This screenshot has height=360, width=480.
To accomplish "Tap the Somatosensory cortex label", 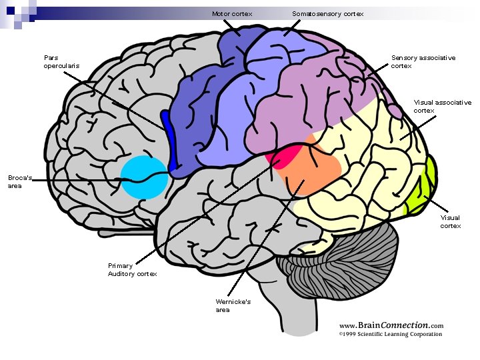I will pyautogui.click(x=327, y=14).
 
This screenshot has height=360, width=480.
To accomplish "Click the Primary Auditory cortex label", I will pyautogui.click(x=132, y=270).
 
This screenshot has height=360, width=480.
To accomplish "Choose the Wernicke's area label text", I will pyautogui.click(x=233, y=306).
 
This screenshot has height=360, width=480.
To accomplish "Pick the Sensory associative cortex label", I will pyautogui.click(x=423, y=62).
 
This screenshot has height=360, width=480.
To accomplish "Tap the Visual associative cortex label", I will pyautogui.click(x=442, y=107).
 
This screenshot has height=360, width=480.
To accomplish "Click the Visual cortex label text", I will pyautogui.click(x=450, y=222).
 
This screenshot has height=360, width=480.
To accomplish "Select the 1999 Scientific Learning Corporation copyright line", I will pyautogui.click(x=390, y=334).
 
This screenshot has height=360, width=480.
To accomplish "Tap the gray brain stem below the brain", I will pyautogui.click(x=293, y=313).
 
